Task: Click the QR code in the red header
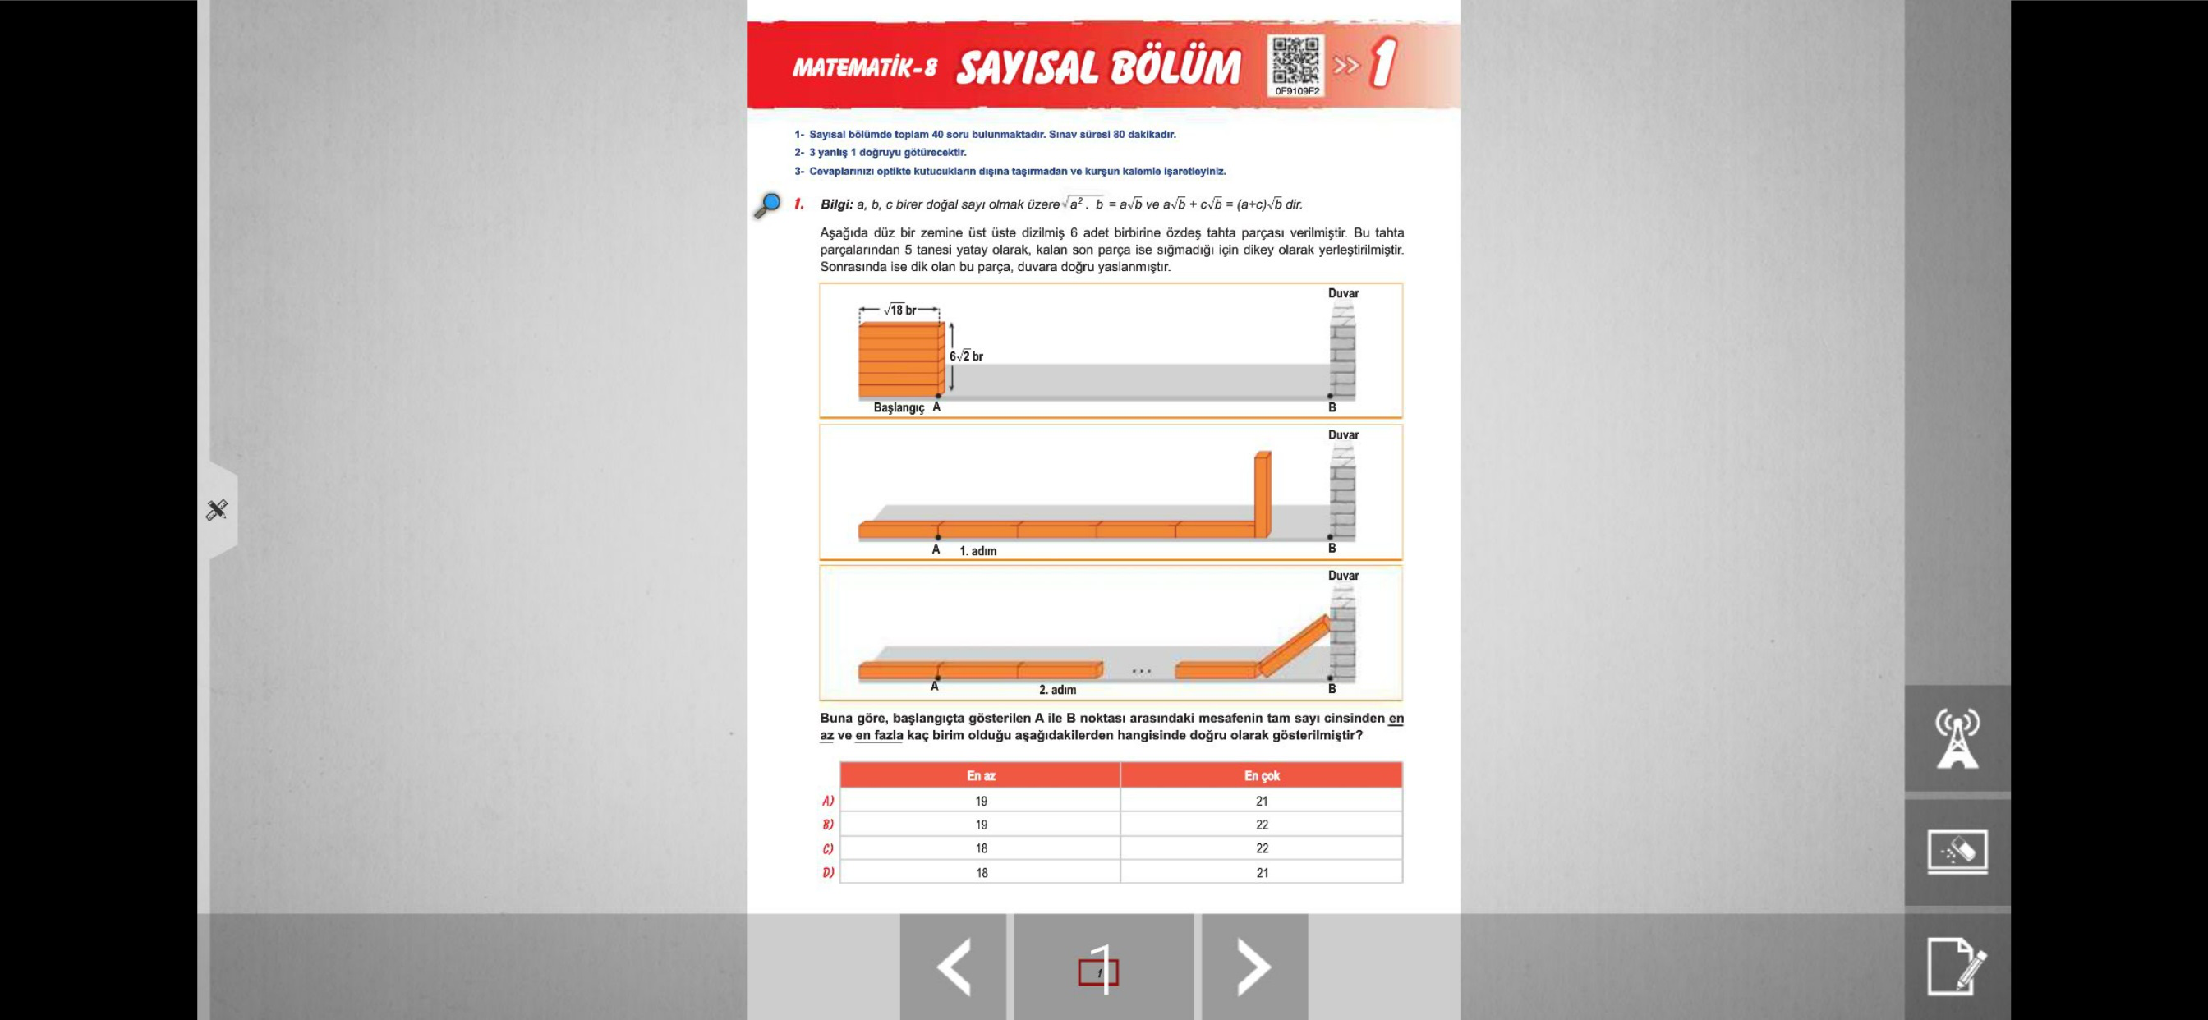point(1296,62)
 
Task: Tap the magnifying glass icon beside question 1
point(767,205)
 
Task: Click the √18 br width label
point(899,310)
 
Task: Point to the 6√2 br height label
point(966,356)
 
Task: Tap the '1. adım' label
point(978,551)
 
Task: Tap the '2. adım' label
point(1057,690)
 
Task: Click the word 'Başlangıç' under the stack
point(899,408)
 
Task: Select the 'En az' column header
point(981,776)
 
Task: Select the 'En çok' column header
point(1262,776)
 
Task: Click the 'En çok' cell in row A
point(1262,802)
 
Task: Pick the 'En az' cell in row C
point(981,848)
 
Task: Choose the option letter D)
point(828,872)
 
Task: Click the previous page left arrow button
point(953,967)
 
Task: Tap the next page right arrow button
point(1254,967)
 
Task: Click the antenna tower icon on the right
point(1957,738)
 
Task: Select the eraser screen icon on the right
point(1957,852)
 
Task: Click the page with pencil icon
point(1957,966)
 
